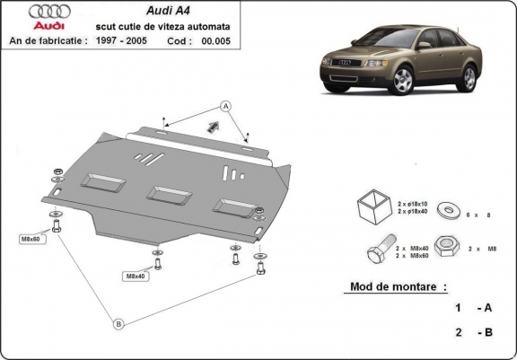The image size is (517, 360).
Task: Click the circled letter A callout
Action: (x=226, y=107)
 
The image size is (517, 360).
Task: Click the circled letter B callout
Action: (x=117, y=324)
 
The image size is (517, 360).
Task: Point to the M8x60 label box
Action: (x=31, y=239)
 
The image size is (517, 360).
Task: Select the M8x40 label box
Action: (x=135, y=276)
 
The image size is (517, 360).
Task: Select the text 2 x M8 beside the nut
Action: (x=480, y=247)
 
